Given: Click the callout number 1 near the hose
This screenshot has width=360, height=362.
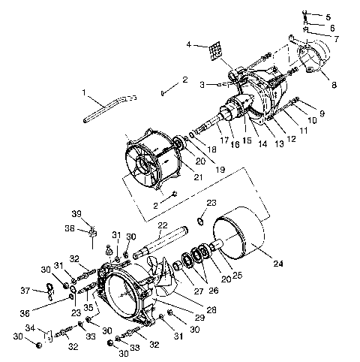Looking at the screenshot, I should (85, 94).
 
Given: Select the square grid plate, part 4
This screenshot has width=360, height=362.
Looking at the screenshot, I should (217, 50).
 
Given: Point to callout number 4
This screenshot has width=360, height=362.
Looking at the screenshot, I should (189, 44).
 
